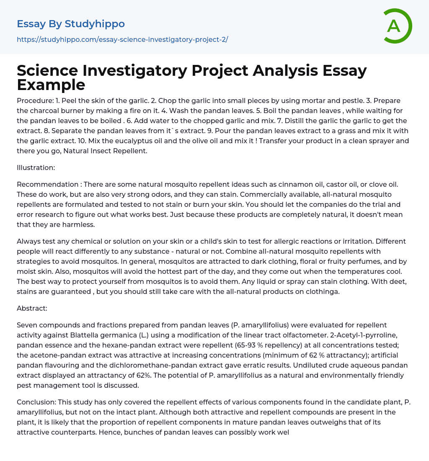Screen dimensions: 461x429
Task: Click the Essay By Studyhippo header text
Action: point(71,24)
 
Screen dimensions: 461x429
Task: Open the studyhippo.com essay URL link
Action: point(122,39)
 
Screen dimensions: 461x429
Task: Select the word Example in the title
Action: point(51,85)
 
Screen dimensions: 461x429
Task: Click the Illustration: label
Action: point(36,167)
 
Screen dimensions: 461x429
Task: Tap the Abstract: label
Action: point(32,308)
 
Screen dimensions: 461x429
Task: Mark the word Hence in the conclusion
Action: point(109,432)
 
